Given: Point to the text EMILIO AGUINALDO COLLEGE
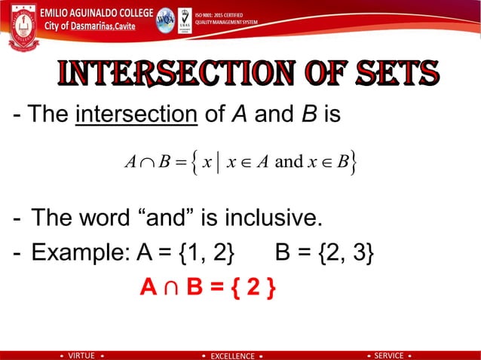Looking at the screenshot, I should click(x=96, y=13).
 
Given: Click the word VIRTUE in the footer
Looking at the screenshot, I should click(x=81, y=355).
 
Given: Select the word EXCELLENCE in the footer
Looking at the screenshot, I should click(x=233, y=355).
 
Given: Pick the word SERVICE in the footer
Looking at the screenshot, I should click(x=389, y=355).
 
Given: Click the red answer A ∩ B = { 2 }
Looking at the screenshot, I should click(x=207, y=288).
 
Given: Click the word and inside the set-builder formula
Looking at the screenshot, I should click(x=290, y=161).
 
